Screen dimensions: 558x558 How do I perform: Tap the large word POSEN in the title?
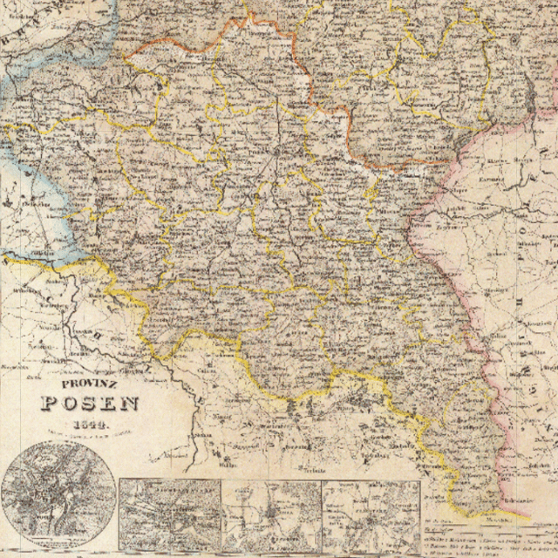[x=91, y=403]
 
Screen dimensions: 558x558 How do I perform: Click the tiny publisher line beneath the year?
[x=92, y=432]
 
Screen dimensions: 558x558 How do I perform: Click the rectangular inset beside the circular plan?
[x=170, y=514]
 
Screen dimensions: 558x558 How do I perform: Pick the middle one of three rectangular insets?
[x=271, y=514]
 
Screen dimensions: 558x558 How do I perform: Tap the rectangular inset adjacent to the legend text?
[x=371, y=514]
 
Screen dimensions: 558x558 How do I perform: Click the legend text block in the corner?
[x=488, y=536]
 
